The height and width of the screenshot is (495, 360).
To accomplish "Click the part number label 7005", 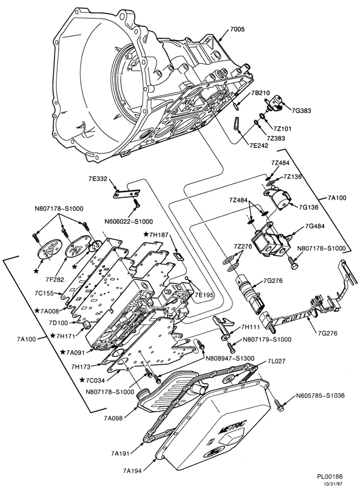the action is coord(237,30).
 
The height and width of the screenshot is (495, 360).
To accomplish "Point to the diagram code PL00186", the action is coord(329,477).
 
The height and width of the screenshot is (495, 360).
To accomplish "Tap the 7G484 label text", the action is coord(315,226).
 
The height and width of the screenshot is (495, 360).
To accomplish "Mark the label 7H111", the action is coord(251,327).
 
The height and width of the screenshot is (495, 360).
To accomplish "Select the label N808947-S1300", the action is coord(230,358).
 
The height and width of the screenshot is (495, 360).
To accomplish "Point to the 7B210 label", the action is coord(261,93).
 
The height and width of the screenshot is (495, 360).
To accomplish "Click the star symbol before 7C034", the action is coord(82,380).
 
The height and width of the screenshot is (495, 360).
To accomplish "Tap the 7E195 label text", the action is coord(204,295).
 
